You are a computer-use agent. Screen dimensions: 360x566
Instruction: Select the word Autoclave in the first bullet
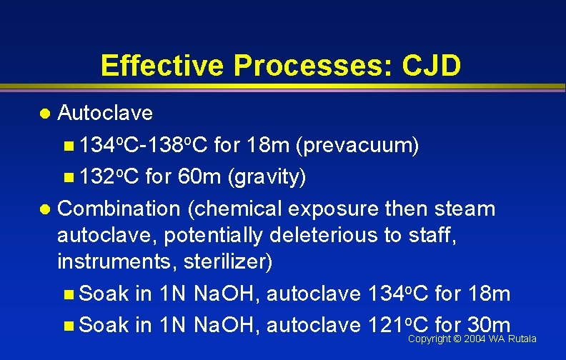pos(105,113)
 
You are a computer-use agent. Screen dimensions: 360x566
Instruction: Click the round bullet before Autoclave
pos(45,114)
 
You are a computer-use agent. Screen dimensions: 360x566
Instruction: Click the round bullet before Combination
pos(45,210)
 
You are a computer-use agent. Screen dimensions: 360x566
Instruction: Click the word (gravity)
pos(267,177)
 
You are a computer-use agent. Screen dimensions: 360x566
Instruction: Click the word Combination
pos(119,209)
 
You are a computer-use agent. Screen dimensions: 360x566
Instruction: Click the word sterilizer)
pos(228,261)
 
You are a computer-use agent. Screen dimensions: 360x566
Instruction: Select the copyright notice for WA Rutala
pos(472,339)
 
